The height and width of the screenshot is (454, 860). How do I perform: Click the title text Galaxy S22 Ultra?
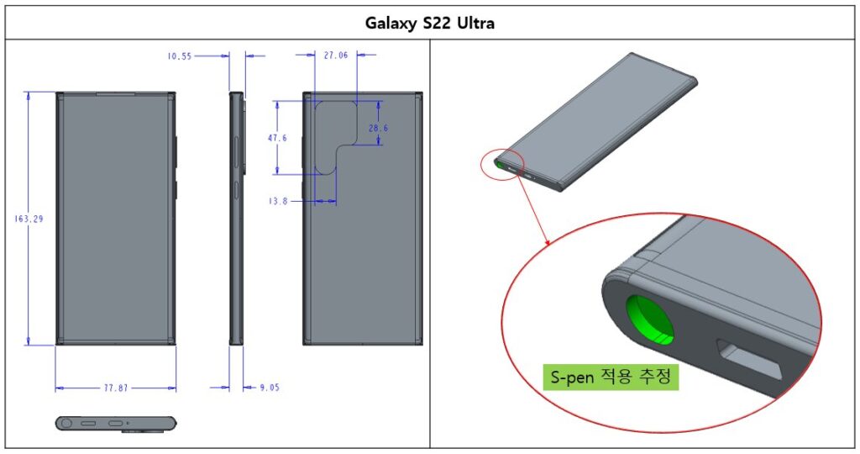[x=429, y=23]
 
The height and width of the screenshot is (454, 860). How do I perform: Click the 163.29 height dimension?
[x=29, y=219]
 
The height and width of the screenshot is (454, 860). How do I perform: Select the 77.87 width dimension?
[x=116, y=388]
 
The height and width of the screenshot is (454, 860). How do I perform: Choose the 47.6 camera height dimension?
[x=277, y=138]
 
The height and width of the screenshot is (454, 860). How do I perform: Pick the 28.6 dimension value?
[x=379, y=128]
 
